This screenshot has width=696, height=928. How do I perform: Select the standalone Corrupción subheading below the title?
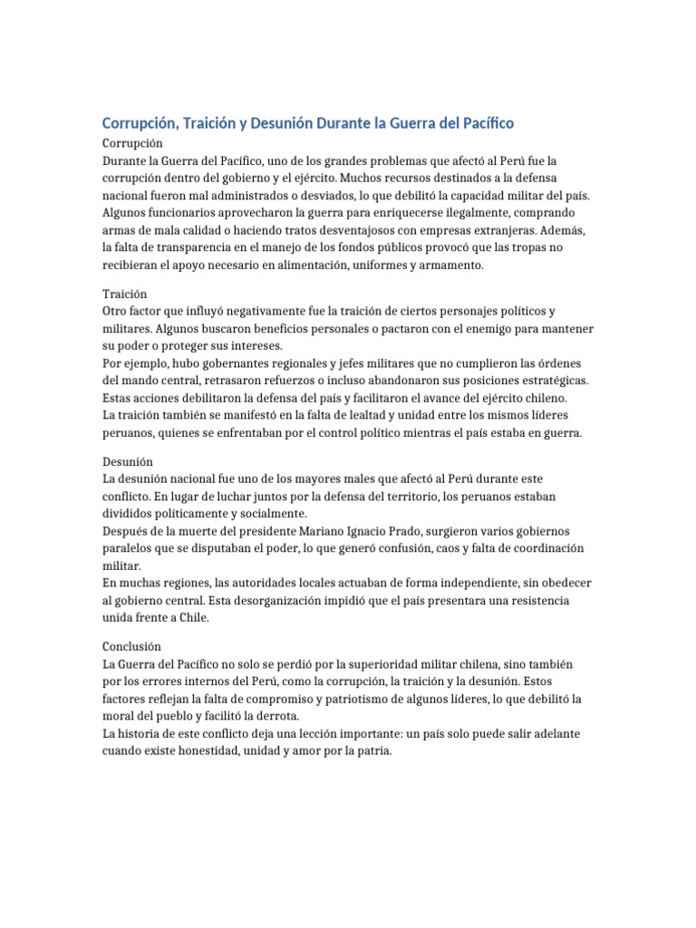[132, 143]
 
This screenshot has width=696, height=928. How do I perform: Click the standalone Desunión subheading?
[128, 461]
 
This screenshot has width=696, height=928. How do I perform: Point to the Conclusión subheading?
[131, 647]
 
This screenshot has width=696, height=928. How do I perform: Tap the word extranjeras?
[512, 229]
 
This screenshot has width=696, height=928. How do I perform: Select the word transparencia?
[199, 246]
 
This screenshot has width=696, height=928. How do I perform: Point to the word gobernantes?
[229, 362]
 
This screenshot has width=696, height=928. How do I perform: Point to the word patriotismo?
[358, 699]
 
